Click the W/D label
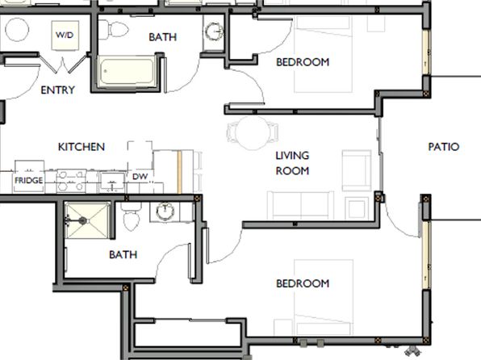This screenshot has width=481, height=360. (65, 35)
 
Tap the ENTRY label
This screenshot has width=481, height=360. (57, 90)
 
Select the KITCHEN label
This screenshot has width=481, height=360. (82, 147)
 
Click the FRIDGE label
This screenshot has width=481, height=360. (28, 180)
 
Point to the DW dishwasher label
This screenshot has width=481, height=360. (140, 177)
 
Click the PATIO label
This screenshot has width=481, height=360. (444, 147)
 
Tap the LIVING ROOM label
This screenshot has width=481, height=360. (292, 163)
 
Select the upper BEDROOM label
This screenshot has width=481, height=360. (303, 62)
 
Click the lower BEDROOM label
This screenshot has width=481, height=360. (303, 283)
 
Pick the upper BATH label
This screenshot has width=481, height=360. (162, 37)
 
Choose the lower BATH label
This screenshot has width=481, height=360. (123, 254)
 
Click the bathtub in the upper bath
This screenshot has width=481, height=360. (127, 71)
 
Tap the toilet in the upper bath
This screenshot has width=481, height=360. (113, 30)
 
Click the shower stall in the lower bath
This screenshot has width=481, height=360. (87, 220)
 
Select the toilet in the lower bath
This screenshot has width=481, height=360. (132, 216)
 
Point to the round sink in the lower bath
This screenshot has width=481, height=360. (165, 211)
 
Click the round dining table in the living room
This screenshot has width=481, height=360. (253, 133)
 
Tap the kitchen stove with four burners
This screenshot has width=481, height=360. (71, 182)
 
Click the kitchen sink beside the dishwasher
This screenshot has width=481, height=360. (112, 182)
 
